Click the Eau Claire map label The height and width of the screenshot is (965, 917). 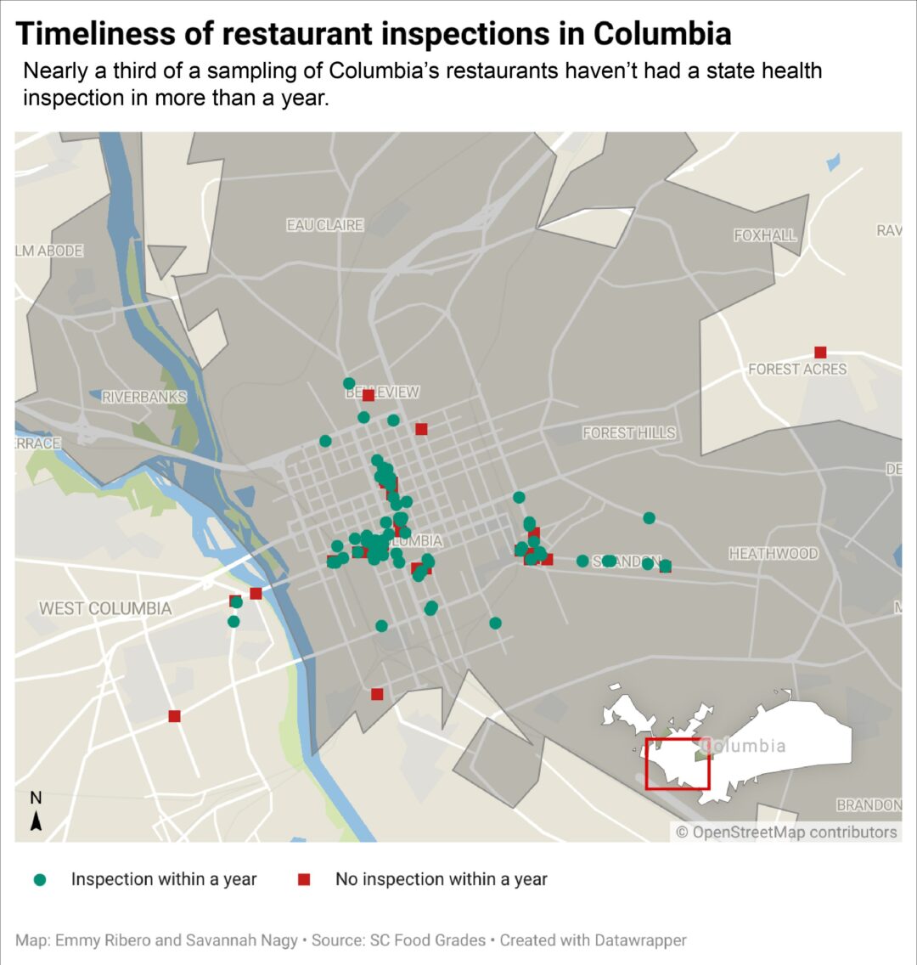pos(324,225)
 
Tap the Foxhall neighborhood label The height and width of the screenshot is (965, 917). pos(766,235)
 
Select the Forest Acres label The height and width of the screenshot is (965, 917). pos(797,370)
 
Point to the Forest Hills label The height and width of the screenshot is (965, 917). pos(629,433)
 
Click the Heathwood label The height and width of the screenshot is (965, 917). pos(774,554)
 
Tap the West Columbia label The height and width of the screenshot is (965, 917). pos(105,608)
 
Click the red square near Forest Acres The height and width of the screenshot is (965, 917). pos(820,353)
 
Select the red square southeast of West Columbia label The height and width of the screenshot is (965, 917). pos(174,716)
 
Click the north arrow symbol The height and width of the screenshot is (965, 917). pos(36,821)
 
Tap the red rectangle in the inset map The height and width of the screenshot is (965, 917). pos(678,765)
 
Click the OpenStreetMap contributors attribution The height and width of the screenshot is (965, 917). pos(786,832)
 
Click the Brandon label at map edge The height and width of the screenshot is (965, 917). pos(869,804)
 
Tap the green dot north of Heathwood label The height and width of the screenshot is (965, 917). pos(650,518)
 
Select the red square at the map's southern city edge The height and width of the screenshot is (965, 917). pos(377,694)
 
